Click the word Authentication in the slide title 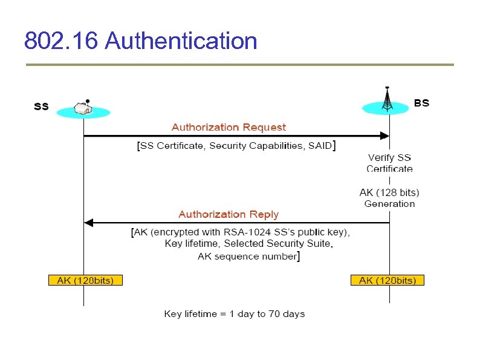coord(181,41)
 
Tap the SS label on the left coord(41,107)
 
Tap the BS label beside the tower coord(421,103)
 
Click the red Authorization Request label coord(229,127)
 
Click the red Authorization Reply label coord(229,214)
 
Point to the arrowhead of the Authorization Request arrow coord(384,136)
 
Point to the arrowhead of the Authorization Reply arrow coord(88,223)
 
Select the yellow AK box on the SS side coord(85,280)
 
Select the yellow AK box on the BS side coord(388,280)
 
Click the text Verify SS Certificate coord(389,163)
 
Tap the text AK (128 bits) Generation coord(389,198)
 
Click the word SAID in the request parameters coord(320,146)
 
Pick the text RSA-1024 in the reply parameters coord(242,232)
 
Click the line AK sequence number coord(248,257)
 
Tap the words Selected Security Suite coord(282,244)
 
